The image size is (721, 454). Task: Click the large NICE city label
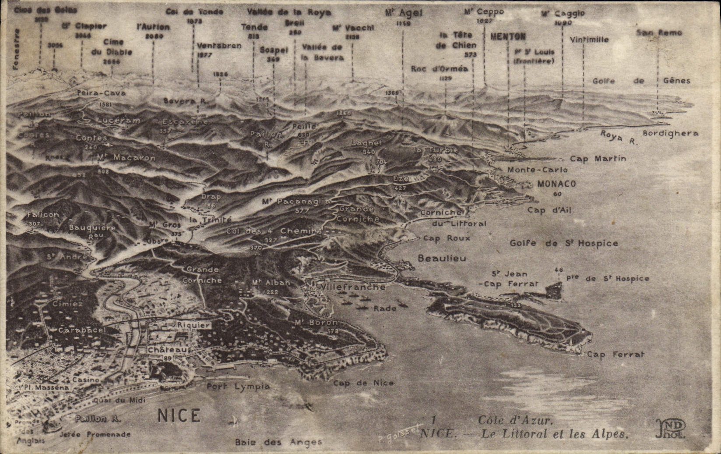click(179, 415)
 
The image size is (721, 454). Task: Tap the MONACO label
click(556, 184)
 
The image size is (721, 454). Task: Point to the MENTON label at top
click(508, 36)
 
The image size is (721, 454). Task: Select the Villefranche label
click(353, 287)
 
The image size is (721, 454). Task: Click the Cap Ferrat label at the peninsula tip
click(615, 355)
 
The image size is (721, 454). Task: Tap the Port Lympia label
click(238, 387)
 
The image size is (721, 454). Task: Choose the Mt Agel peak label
click(403, 13)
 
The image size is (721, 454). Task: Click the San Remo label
click(659, 32)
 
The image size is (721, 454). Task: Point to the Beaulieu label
click(442, 258)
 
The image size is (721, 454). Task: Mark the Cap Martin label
click(598, 159)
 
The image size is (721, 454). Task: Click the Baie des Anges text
click(278, 442)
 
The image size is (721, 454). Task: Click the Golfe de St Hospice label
click(564, 243)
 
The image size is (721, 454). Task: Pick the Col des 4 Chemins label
click(274, 231)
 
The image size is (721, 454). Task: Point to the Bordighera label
click(670, 133)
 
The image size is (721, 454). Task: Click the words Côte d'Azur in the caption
click(515, 420)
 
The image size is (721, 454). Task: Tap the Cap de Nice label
click(363, 383)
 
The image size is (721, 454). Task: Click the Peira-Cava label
click(101, 93)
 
